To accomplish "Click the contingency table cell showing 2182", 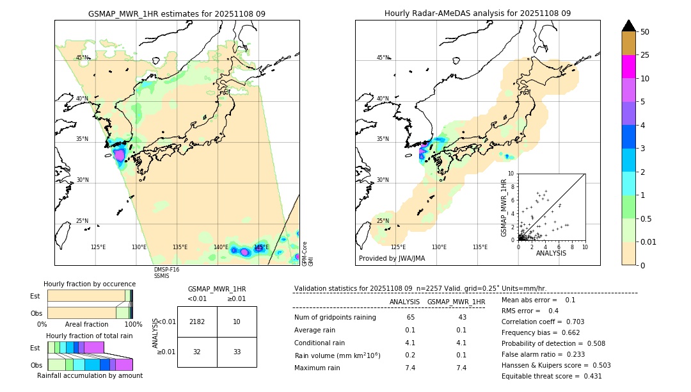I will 197,322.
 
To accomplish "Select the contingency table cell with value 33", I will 237,352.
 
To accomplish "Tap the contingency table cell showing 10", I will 237,322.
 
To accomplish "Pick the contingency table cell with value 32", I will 197,352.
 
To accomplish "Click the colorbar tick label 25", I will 646,55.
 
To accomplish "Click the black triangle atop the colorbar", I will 629,26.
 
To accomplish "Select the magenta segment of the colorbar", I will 629,67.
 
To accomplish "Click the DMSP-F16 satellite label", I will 166,270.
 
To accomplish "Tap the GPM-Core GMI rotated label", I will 308,253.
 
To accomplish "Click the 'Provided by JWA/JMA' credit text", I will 392,259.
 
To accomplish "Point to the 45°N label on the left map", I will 83,58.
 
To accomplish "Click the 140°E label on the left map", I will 221,247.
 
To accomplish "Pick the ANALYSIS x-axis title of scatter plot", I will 551,253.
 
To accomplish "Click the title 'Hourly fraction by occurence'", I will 90,284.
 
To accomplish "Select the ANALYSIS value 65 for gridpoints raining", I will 410,318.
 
